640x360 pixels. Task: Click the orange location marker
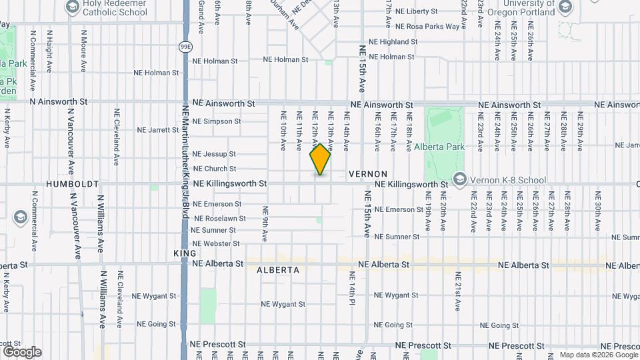(321, 159)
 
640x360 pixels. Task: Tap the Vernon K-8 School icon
(459, 179)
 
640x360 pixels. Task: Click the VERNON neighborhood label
(368, 173)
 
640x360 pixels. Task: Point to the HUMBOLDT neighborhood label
(72, 183)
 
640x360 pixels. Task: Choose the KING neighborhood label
(185, 253)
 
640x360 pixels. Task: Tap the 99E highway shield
(185, 47)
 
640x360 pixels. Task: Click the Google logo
(21, 352)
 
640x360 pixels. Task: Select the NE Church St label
(214, 169)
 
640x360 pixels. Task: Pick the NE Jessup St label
(214, 154)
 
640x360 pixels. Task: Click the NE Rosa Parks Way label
(427, 27)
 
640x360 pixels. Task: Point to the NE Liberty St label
(416, 11)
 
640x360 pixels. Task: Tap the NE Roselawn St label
(219, 218)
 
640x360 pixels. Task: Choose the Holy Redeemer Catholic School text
(115, 8)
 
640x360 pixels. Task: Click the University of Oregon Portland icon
(565, 7)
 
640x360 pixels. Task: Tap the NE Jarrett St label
(157, 130)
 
